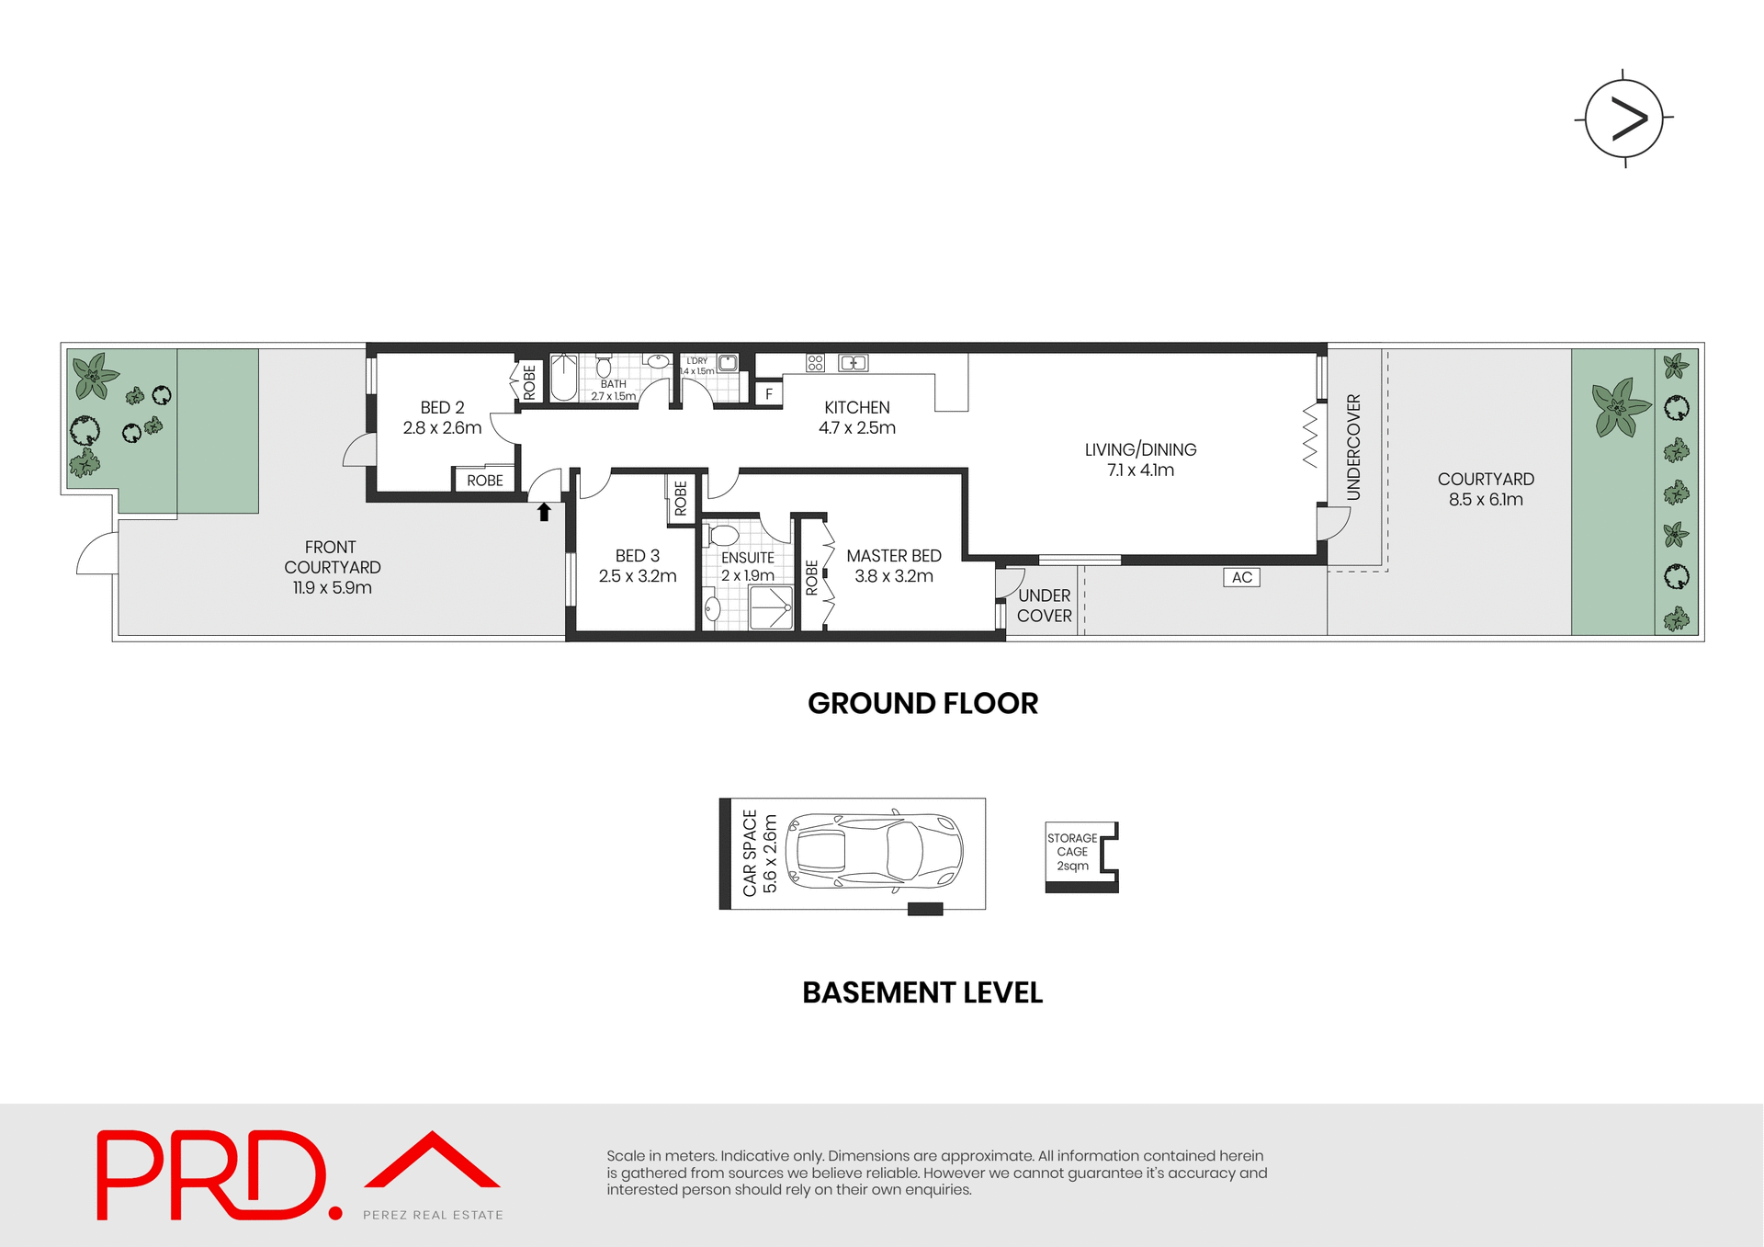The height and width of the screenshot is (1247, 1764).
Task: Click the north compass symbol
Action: click(1623, 119)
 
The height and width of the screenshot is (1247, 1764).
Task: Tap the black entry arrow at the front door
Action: click(544, 512)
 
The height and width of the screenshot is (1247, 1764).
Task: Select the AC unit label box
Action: click(1241, 577)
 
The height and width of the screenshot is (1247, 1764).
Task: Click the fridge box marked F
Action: click(768, 394)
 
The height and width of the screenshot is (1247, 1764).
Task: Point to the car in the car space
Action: click(874, 851)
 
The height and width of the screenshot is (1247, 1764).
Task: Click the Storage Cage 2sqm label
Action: click(1072, 852)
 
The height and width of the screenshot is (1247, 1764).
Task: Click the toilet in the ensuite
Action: click(723, 535)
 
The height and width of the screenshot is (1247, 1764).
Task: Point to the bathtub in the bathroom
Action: click(563, 377)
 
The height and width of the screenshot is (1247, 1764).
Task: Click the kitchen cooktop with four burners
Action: click(815, 363)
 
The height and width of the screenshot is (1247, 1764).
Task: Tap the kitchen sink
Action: click(853, 363)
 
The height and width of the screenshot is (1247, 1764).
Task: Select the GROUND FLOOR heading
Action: click(922, 703)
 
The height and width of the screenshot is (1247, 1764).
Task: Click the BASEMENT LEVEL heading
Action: click(922, 992)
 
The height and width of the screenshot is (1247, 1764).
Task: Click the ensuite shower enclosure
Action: click(770, 607)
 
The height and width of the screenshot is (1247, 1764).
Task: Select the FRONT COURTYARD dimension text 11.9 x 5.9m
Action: click(332, 588)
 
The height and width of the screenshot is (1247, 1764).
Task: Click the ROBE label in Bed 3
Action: click(681, 498)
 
